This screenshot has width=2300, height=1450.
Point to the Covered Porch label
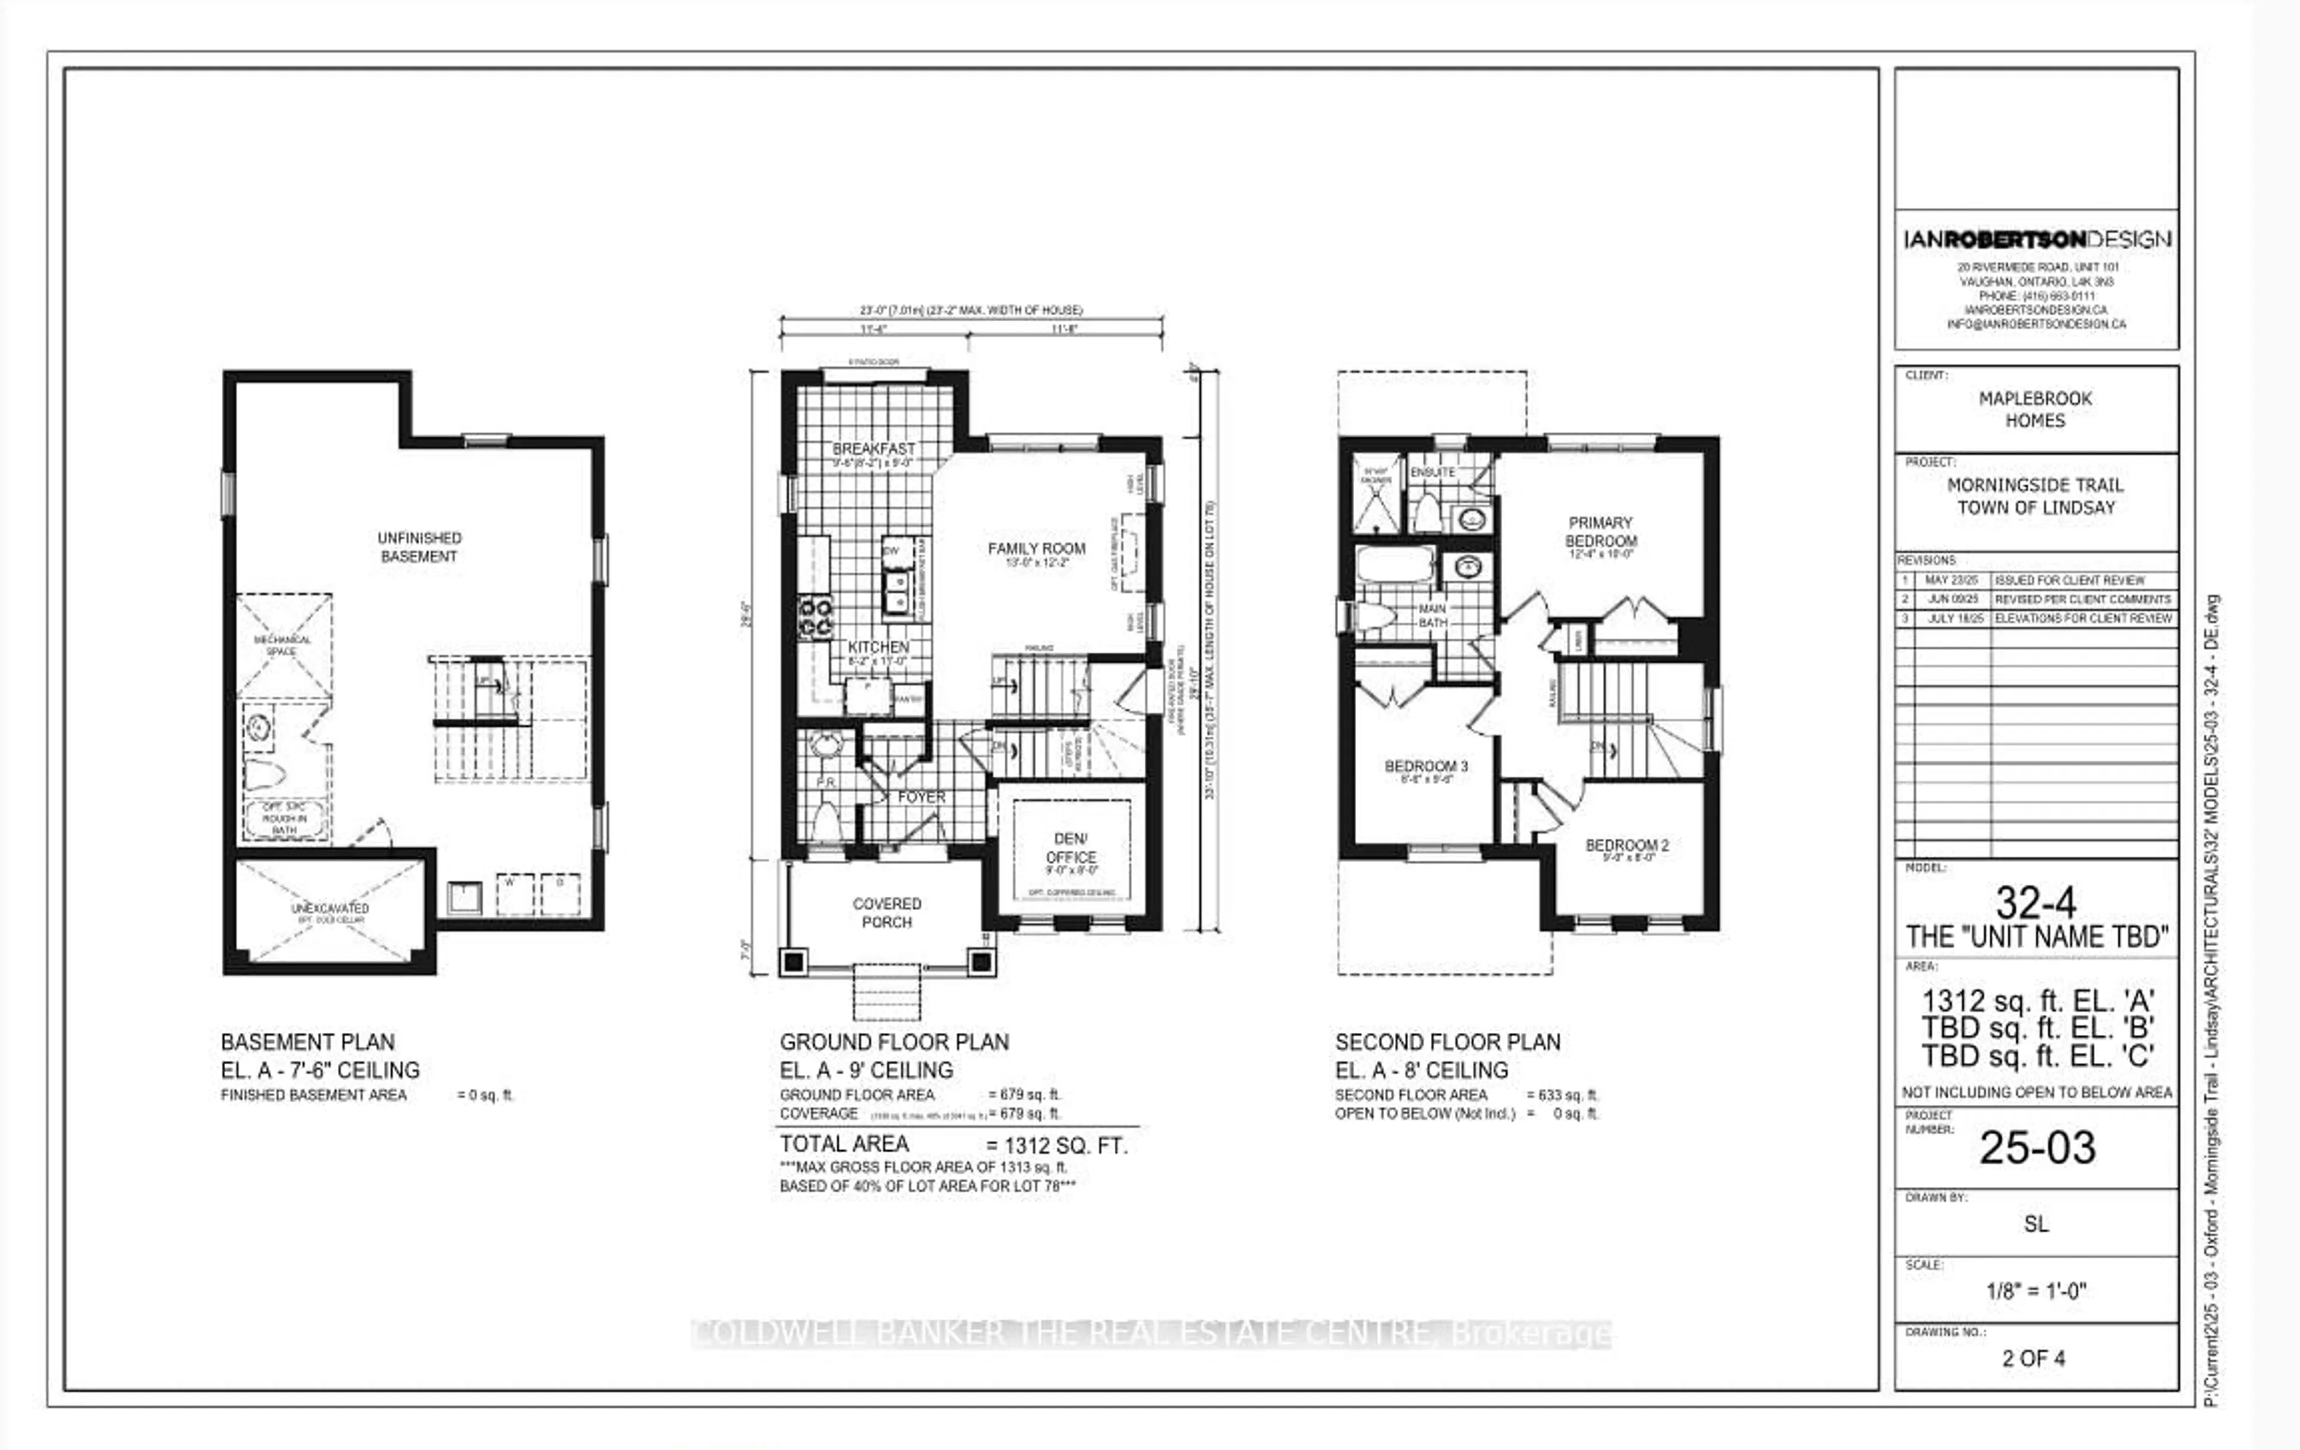[x=886, y=912]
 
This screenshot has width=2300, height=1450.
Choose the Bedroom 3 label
[x=1426, y=766]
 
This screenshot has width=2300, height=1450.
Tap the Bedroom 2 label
[x=1627, y=845]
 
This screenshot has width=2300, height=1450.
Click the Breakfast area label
[x=873, y=449]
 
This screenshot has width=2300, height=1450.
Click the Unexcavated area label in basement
[x=329, y=908]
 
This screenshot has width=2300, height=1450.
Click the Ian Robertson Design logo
[x=2036, y=240]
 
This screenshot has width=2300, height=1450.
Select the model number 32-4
[x=2035, y=902]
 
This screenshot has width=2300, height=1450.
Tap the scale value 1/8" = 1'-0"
[x=2035, y=1291]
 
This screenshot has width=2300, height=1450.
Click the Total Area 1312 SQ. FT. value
[x=1057, y=1145]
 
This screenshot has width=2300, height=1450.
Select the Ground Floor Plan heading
[x=894, y=1042]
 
